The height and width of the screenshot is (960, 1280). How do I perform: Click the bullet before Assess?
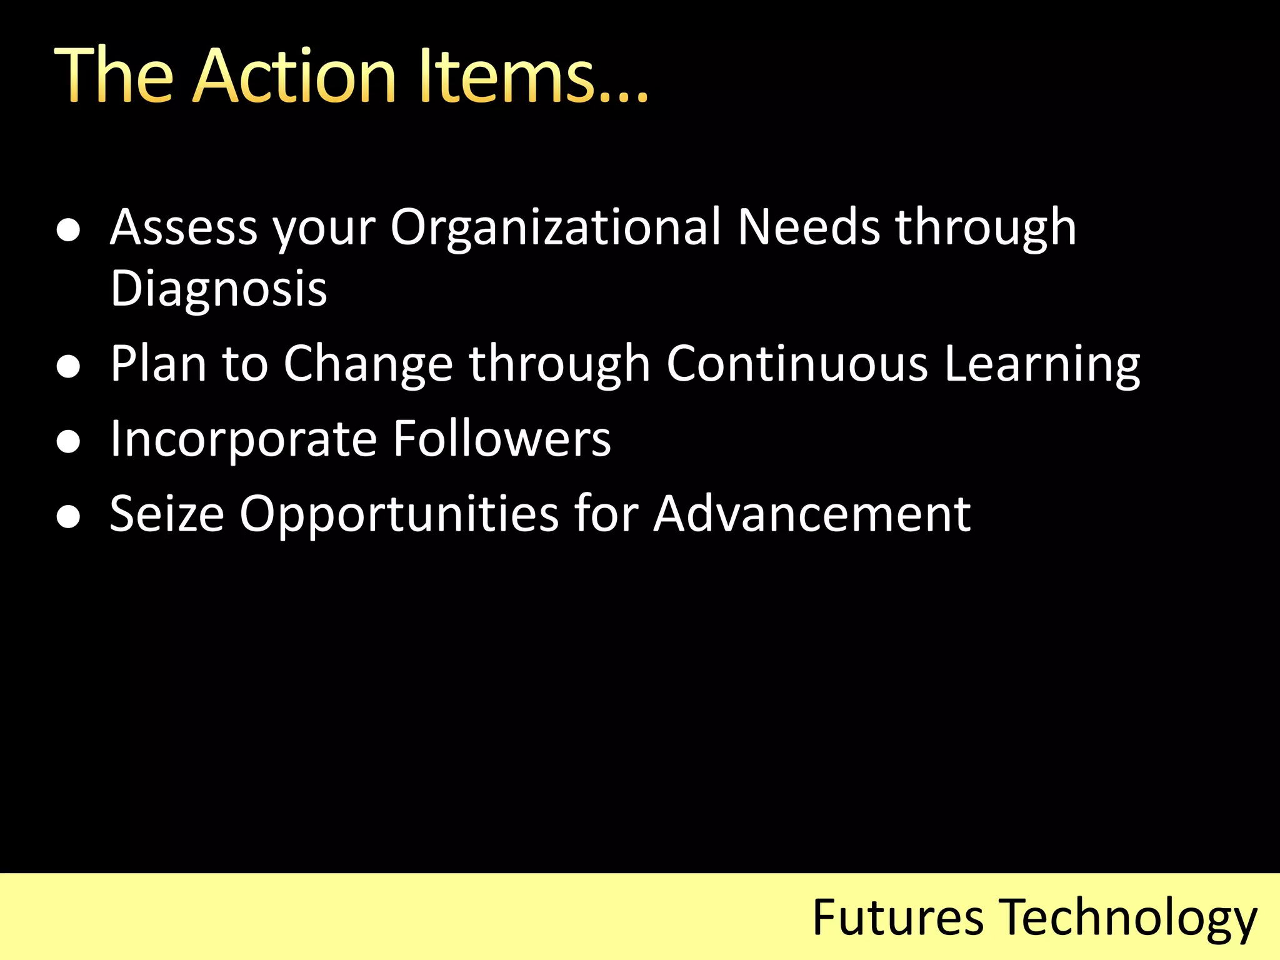68,230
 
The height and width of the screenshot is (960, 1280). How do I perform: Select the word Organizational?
556,227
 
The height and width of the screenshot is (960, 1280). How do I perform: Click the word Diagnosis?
219,289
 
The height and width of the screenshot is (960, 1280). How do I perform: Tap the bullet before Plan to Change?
68,366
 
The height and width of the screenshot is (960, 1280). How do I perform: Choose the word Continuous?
797,364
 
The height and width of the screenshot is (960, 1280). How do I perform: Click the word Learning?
1042,365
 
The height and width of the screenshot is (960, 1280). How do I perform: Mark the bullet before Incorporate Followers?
68,442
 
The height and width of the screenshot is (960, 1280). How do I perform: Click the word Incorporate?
244,440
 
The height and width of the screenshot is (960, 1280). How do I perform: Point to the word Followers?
502,439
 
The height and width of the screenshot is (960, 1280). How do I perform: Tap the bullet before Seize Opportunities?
68,517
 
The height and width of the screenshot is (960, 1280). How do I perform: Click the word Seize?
167,514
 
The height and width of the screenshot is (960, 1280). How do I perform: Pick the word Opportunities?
399,515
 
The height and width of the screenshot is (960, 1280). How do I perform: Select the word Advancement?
812,514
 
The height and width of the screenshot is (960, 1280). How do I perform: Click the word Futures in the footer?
897,917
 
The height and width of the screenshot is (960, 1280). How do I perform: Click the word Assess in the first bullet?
183,227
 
